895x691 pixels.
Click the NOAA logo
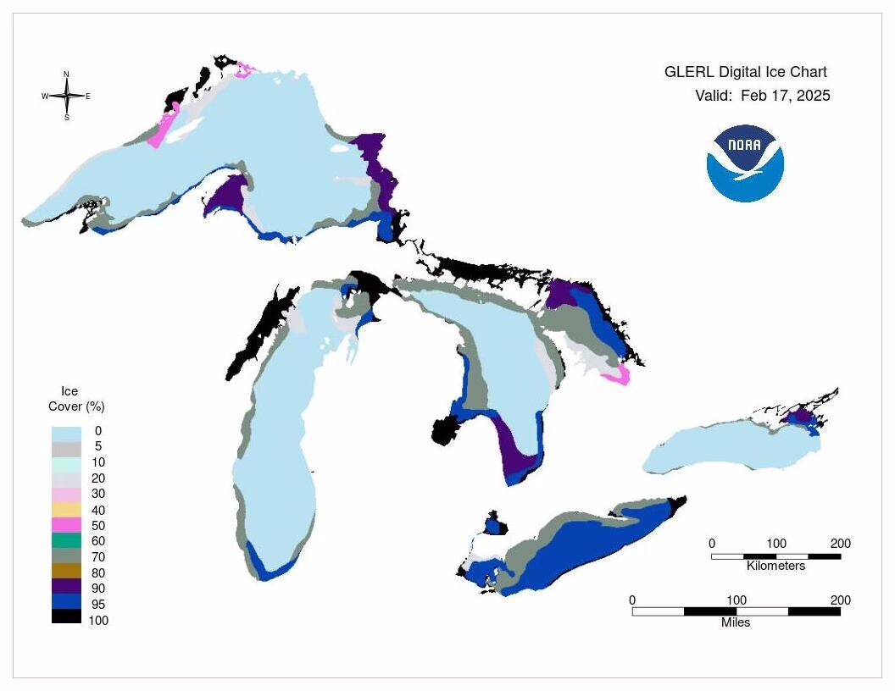[745, 164]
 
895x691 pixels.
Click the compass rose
[66, 96]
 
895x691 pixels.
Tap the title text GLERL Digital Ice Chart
[745, 72]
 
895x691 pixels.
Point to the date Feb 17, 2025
[785, 96]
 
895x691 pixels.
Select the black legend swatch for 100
[67, 619]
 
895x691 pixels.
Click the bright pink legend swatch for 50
[67, 525]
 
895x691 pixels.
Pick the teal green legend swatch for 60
[67, 540]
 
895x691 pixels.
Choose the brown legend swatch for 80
[67, 572]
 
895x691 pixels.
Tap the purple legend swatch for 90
[67, 588]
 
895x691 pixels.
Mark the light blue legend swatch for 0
[67, 432]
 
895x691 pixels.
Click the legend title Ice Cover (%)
[76, 399]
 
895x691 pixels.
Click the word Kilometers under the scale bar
[775, 566]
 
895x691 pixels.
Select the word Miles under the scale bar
[736, 622]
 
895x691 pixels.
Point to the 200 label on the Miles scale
[840, 600]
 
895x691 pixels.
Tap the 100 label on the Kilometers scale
[775, 544]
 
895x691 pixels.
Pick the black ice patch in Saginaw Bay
[443, 431]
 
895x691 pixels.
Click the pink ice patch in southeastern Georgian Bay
[620, 376]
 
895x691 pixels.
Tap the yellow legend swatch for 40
[67, 510]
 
